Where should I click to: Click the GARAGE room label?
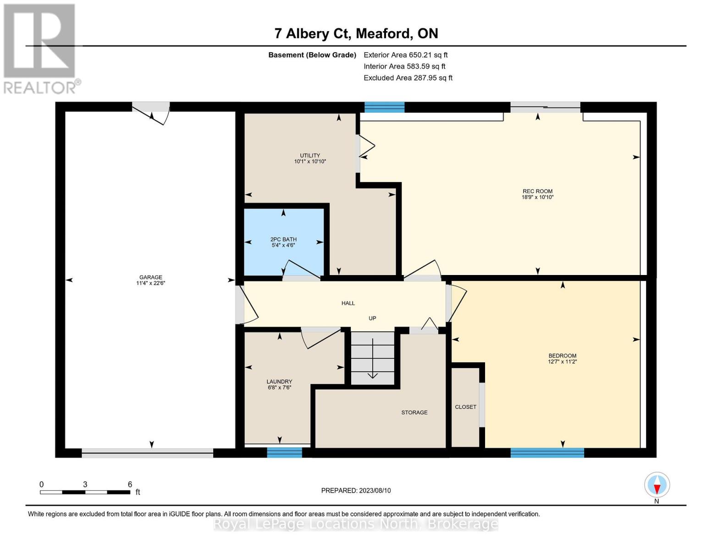tap(150, 277)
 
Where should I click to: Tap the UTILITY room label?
tap(310, 155)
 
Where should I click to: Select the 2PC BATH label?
tap(283, 239)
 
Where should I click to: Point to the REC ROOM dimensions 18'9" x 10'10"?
tap(537, 197)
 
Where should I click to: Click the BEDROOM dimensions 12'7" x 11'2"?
tap(562, 362)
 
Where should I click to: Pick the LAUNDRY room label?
tap(279, 382)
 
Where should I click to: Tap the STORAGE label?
tap(414, 412)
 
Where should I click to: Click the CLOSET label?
tap(465, 407)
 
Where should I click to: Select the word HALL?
tap(348, 303)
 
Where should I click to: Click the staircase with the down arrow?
tap(373, 358)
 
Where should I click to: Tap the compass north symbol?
tap(657, 485)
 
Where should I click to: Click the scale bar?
tap(85, 492)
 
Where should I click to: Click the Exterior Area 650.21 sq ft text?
tap(405, 55)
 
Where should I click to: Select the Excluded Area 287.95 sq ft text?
tap(408, 78)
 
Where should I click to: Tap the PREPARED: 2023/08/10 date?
tap(356, 490)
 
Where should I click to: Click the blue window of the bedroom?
tap(547, 452)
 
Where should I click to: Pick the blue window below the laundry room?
tap(284, 452)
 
